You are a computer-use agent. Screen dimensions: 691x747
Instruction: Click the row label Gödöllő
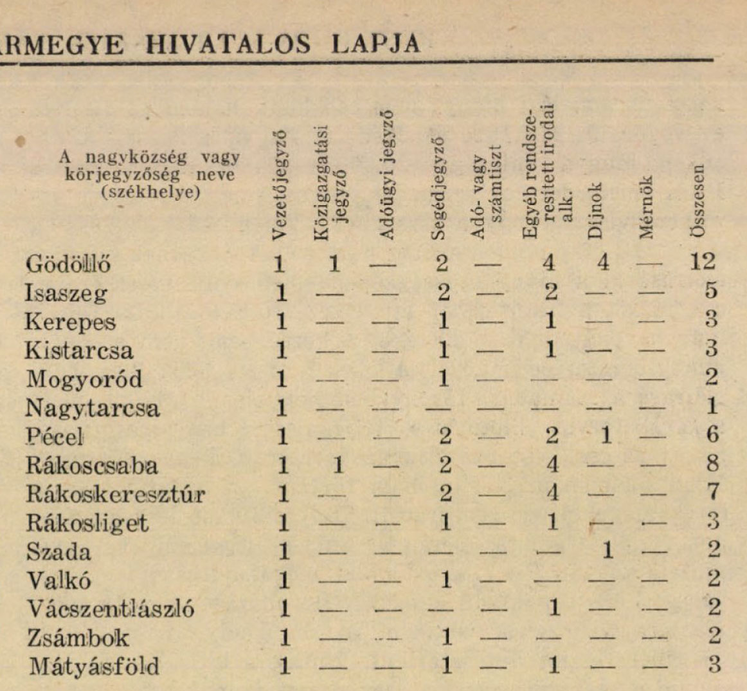67,264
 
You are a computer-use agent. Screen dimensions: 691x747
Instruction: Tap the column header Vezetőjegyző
280,185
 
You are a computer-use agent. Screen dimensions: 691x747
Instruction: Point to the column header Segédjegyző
438,187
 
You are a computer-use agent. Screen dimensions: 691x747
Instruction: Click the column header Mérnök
647,207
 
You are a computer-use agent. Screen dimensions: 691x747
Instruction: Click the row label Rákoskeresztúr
116,494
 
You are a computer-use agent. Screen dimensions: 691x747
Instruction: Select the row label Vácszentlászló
110,608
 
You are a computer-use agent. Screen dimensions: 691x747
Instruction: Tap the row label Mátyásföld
94,665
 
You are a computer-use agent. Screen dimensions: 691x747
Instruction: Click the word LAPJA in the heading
375,44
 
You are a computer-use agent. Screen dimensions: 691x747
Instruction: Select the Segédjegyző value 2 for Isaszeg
443,292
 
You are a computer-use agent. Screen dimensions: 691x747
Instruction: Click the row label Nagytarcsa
93,408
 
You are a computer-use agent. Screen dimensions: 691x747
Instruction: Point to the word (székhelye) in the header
150,192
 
